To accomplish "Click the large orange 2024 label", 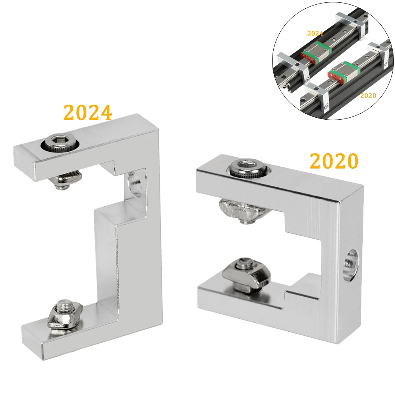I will point(88,113).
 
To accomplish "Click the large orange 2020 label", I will point(334,161).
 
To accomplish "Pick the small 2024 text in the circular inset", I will point(315,33).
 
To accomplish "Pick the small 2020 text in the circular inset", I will point(368,95).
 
